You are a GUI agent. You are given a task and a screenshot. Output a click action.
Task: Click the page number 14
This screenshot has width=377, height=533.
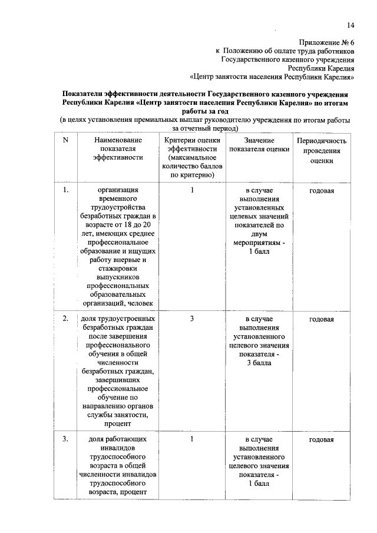350,25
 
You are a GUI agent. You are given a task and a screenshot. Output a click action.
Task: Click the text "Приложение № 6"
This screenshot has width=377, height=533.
326,43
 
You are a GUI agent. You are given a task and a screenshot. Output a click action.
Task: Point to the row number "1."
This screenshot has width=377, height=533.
65,190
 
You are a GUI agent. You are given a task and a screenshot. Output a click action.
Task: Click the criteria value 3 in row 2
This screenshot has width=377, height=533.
192,319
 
